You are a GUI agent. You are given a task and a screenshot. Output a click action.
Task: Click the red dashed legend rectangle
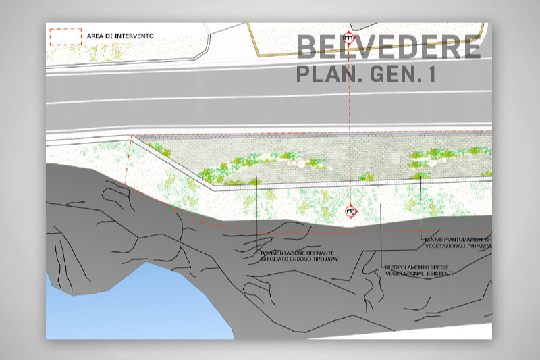click(65, 36)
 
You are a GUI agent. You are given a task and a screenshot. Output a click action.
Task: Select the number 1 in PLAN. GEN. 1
click(429, 74)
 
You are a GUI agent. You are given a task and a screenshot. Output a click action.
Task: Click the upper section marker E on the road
click(348, 38)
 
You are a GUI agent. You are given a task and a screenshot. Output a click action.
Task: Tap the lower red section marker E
click(350, 211)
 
